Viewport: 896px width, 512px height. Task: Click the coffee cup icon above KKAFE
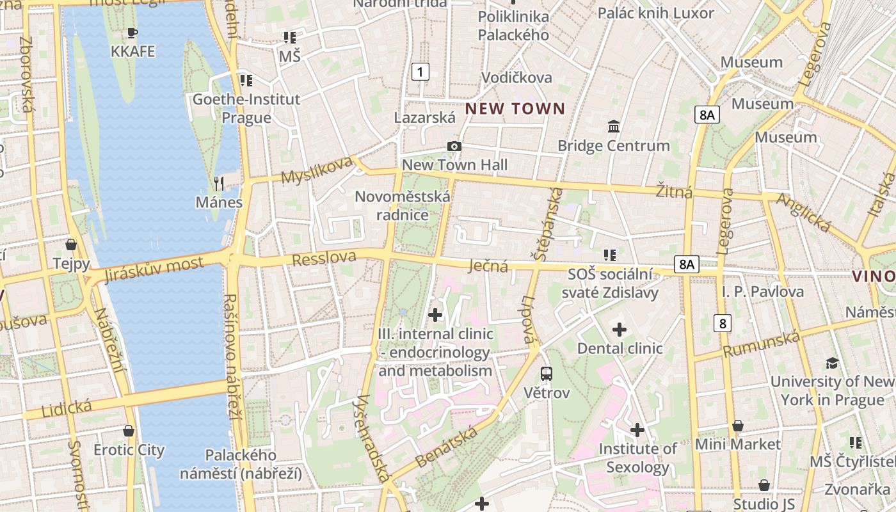(132, 33)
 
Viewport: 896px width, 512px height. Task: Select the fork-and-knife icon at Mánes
(220, 184)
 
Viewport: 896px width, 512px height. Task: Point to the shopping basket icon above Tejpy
(71, 244)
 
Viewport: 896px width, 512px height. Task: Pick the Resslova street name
(324, 258)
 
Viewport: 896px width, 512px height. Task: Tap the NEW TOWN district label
(515, 109)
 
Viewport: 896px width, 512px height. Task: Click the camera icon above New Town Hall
(454, 147)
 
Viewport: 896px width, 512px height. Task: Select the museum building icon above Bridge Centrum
(614, 126)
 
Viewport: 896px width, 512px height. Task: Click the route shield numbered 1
(420, 72)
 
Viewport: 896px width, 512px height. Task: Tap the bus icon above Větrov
(547, 374)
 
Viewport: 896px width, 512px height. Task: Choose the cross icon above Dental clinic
(620, 330)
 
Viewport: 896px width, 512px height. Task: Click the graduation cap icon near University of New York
(832, 363)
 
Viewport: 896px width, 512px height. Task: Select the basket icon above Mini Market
(738, 426)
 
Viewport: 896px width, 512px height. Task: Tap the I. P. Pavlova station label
(763, 292)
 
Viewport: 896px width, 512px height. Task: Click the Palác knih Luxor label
(655, 13)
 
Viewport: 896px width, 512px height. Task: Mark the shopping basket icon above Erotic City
(129, 431)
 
